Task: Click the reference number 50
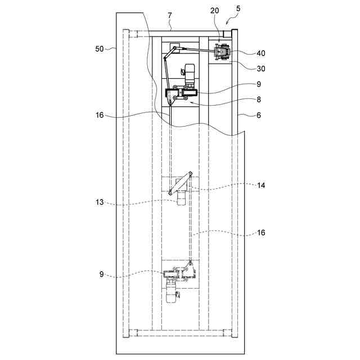99,49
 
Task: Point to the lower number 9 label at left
102,275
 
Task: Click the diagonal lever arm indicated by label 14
181,184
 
